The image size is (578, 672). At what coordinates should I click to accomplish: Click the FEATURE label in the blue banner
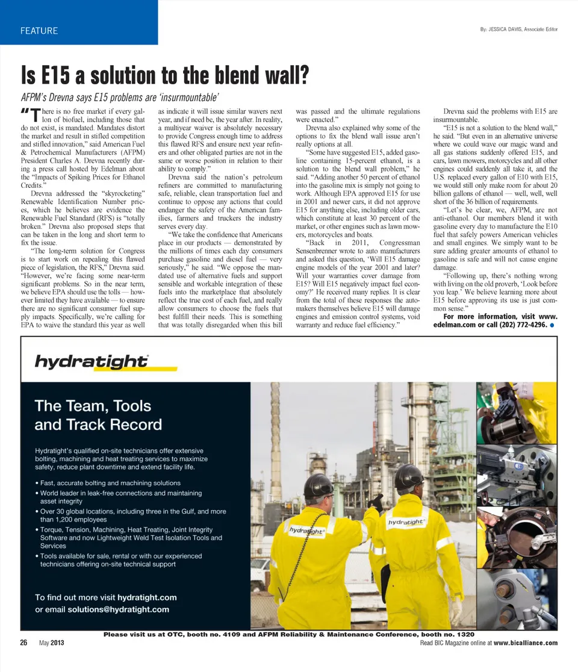(x=39, y=31)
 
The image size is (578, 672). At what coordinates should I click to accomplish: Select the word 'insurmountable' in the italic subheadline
(x=187, y=97)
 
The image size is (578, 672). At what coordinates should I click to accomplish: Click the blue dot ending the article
(x=552, y=325)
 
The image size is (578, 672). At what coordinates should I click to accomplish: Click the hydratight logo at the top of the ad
(x=91, y=361)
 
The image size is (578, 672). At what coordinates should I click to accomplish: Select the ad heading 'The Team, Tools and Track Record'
(x=98, y=415)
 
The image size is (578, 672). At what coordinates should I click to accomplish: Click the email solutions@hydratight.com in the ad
(x=118, y=609)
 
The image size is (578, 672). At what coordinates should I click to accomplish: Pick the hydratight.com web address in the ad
(x=147, y=597)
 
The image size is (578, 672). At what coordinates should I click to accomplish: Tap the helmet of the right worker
(x=409, y=477)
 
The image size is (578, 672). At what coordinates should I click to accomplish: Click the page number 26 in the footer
(x=24, y=643)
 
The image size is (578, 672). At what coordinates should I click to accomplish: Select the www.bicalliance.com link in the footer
(x=525, y=643)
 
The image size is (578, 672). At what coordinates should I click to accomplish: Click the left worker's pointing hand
(x=377, y=500)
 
